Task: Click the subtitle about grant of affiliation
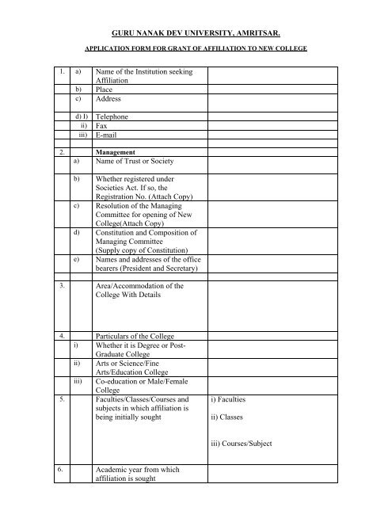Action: click(x=196, y=47)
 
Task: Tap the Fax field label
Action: click(x=101, y=125)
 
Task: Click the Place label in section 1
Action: click(x=104, y=90)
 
